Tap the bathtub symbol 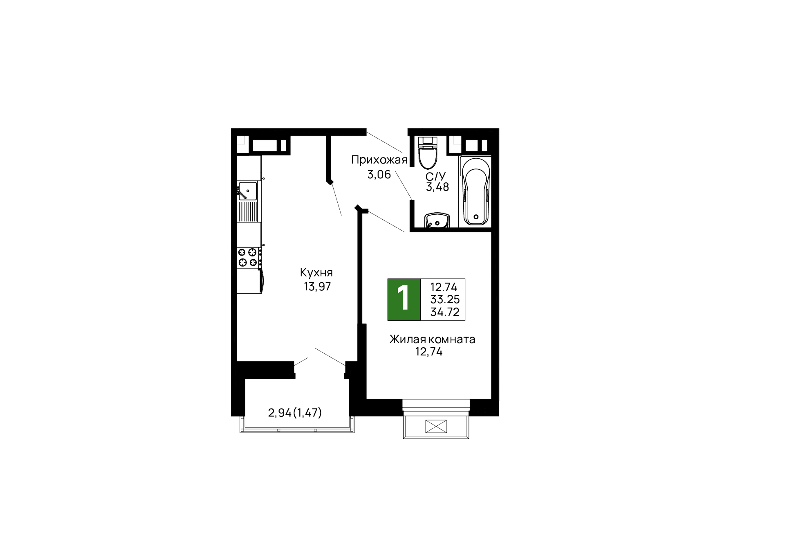pos(475,191)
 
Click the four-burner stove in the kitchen pos(248,257)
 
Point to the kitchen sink pos(247,191)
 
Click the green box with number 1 pos(404,299)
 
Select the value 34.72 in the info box pos(445,312)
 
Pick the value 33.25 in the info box pos(445,299)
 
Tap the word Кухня pos(316,272)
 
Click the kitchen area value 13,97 pos(317,286)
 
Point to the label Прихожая pos(379,160)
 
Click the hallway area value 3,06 pos(379,175)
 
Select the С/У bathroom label pos(435,177)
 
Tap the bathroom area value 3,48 pos(437,187)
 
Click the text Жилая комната pos(432,339)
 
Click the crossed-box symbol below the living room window pos(436,426)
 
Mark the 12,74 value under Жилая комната pos(429,352)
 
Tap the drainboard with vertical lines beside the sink pos(248,211)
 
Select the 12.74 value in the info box pos(444,287)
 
